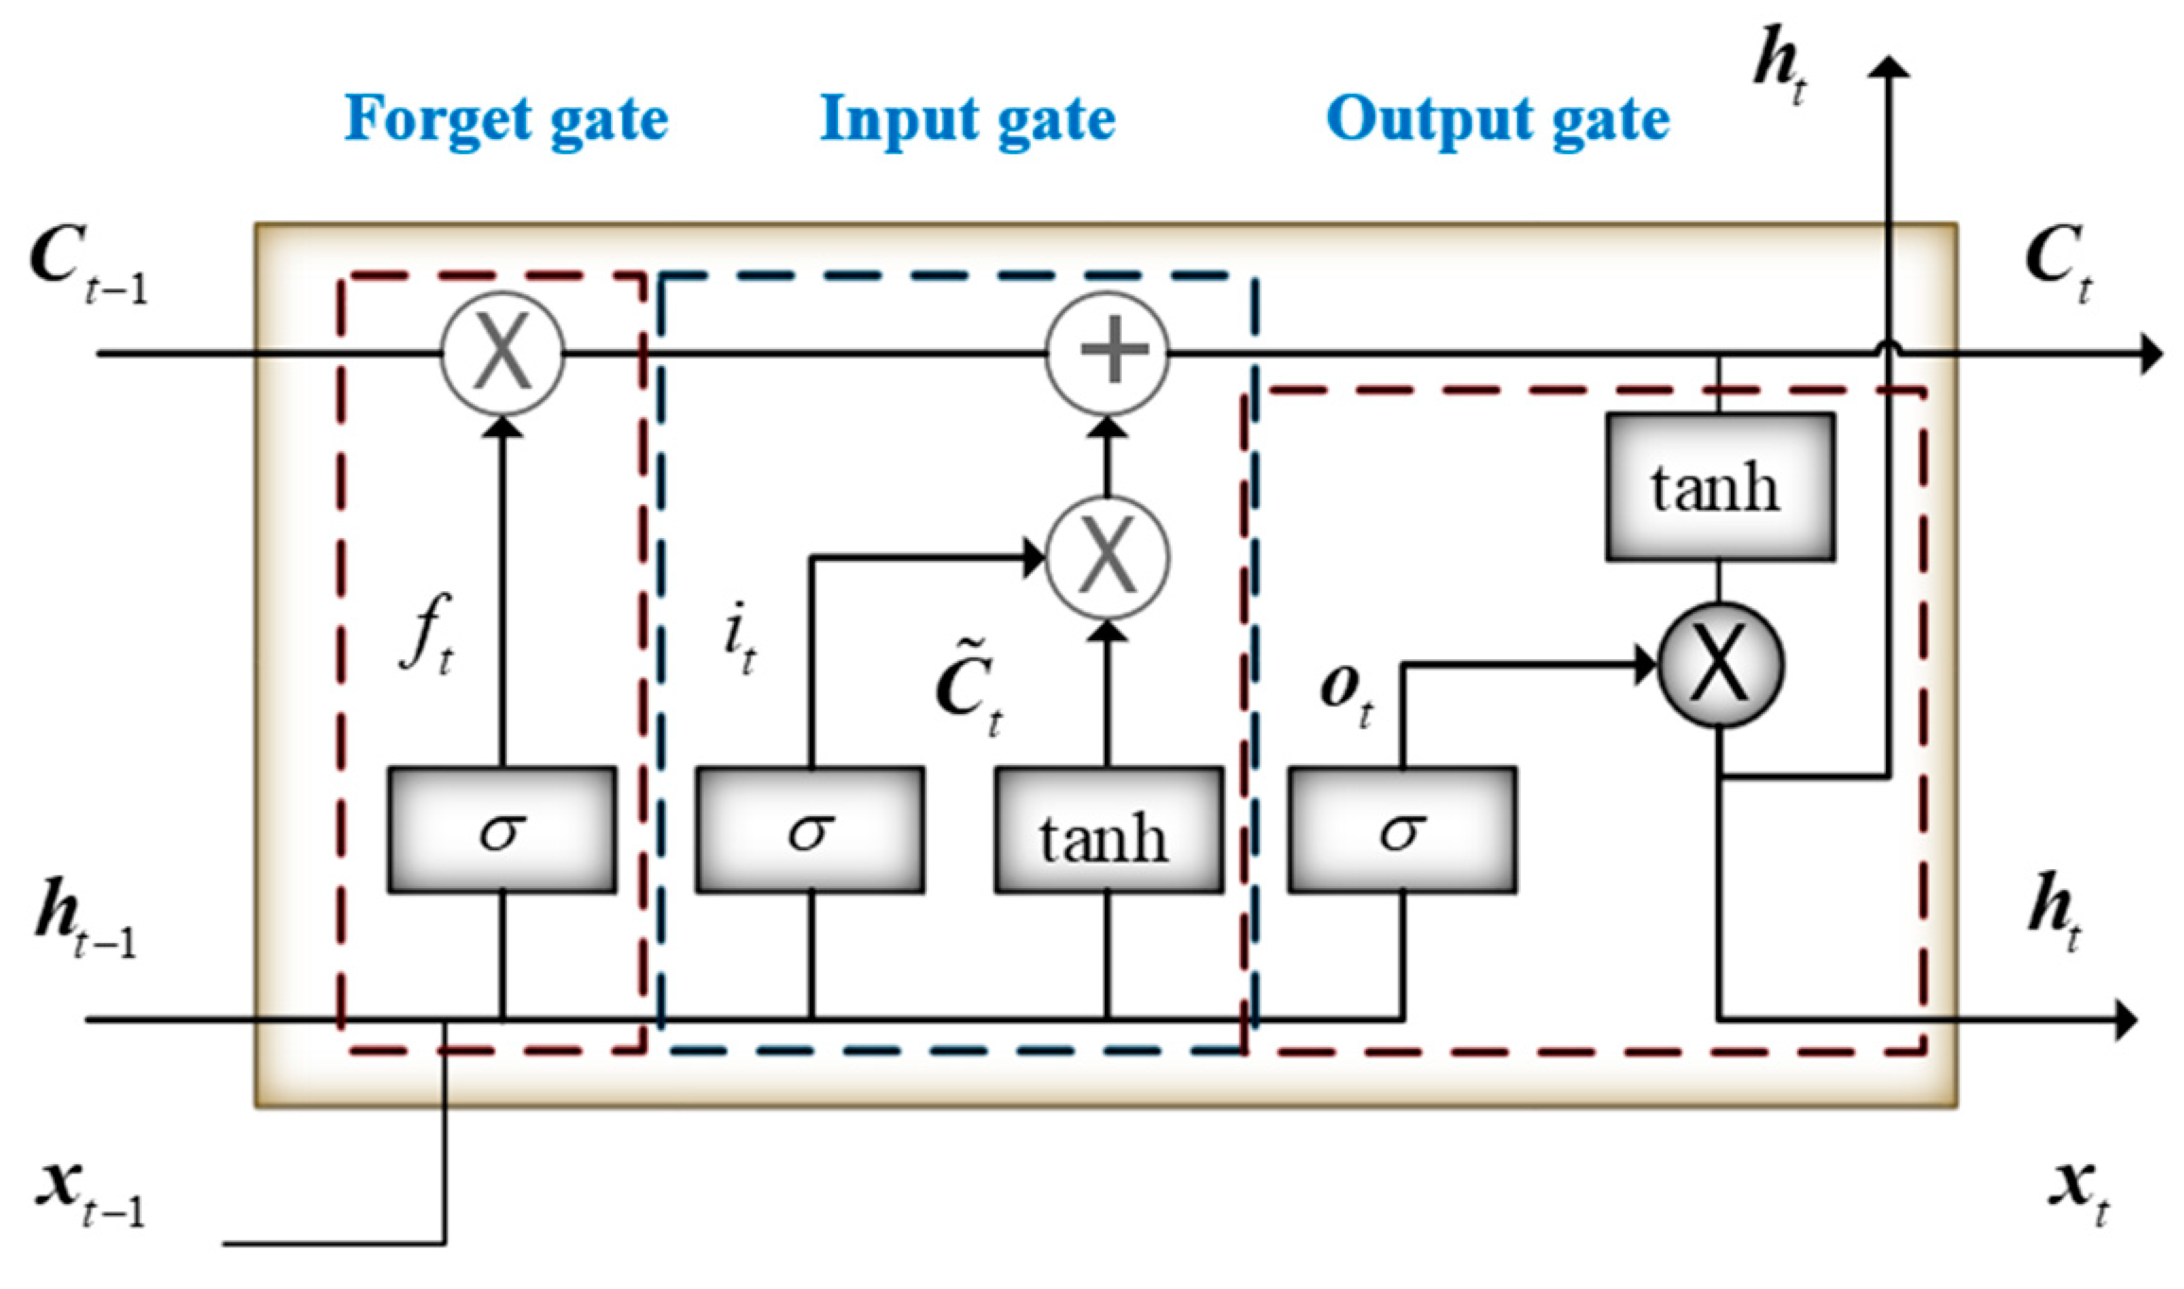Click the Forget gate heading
tap(506, 120)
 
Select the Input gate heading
tap(967, 120)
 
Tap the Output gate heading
tap(1497, 120)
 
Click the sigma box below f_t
tap(502, 830)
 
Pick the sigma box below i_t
tap(811, 830)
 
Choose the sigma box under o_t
tap(1402, 830)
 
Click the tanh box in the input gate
tap(1108, 830)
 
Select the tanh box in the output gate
tap(1720, 487)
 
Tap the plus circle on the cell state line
tap(1108, 353)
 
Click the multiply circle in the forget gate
tap(502, 353)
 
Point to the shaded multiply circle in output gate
tap(1721, 666)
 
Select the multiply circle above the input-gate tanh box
tap(1108, 558)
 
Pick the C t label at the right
tap(2057, 263)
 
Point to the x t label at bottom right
tap(2079, 1193)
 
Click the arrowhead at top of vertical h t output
tap(1889, 66)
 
